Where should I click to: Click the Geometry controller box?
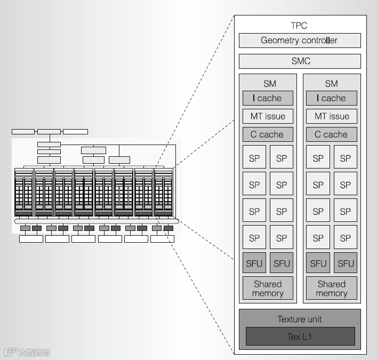[299, 41]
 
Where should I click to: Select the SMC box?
[299, 61]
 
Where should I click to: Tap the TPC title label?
[299, 26]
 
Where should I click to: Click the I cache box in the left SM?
[268, 98]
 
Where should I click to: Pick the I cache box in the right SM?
[331, 98]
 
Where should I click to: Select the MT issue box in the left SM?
[268, 116]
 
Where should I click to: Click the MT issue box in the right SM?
[331, 116]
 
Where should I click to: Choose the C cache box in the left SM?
[268, 134]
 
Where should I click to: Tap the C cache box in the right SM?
[331, 134]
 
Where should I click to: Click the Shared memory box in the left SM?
[268, 289]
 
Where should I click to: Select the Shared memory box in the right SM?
[331, 289]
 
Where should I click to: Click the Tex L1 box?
[300, 337]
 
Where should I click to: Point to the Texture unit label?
[300, 319]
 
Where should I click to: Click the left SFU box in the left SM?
[254, 263]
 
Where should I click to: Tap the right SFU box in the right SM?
[346, 263]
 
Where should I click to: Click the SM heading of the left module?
[268, 84]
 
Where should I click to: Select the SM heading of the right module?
[331, 84]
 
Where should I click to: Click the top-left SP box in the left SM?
[254, 158]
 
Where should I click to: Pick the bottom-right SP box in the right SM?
[346, 238]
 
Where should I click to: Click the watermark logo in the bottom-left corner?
[27, 352]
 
